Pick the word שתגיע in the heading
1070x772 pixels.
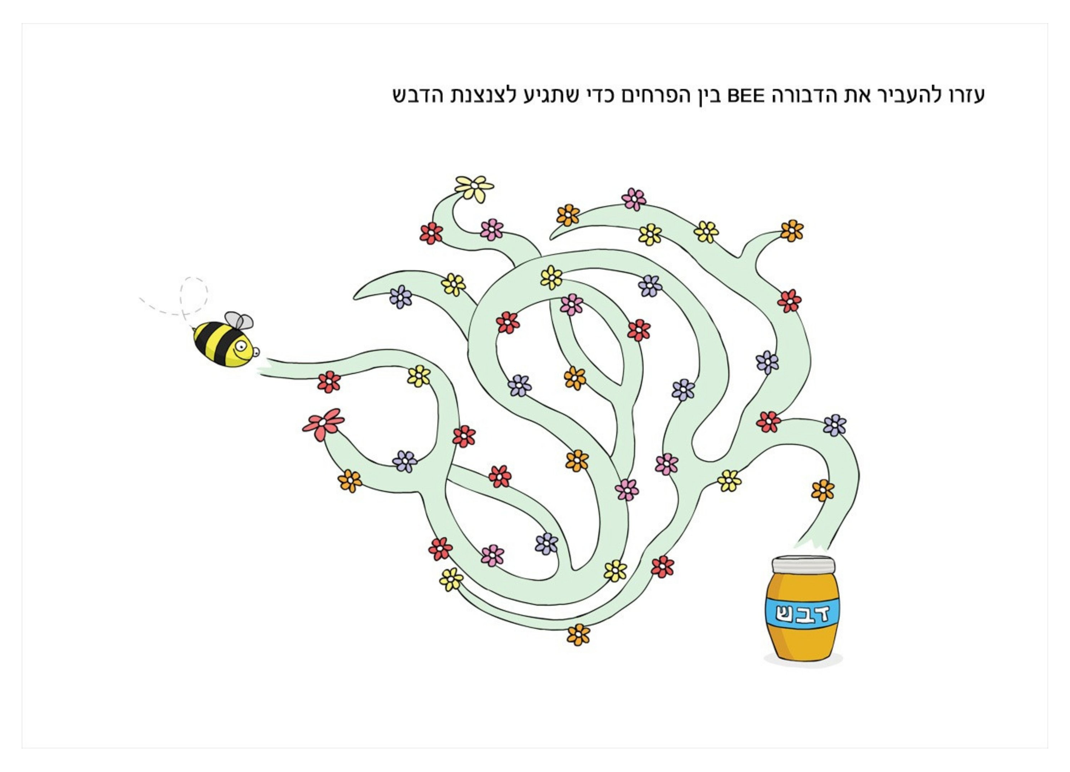546,96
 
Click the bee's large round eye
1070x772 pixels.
242,347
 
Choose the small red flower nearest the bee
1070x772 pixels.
329,381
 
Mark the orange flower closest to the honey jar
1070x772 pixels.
822,490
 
